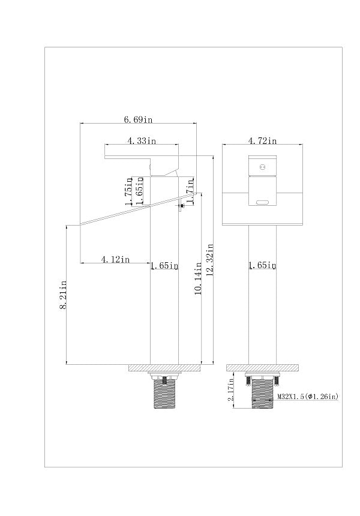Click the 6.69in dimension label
138,119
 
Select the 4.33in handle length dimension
142,141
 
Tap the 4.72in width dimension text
262,141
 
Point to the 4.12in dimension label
115,260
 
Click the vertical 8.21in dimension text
63,295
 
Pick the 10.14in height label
198,278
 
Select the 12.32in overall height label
210,260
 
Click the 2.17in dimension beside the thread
231,389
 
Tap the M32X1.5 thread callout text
308,397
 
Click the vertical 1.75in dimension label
128,191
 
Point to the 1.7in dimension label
190,190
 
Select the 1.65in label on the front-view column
262,265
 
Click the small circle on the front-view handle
262,167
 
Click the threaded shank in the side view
164,394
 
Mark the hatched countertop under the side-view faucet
164,368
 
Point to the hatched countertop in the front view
263,368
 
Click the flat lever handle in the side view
142,157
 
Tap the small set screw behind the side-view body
181,206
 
